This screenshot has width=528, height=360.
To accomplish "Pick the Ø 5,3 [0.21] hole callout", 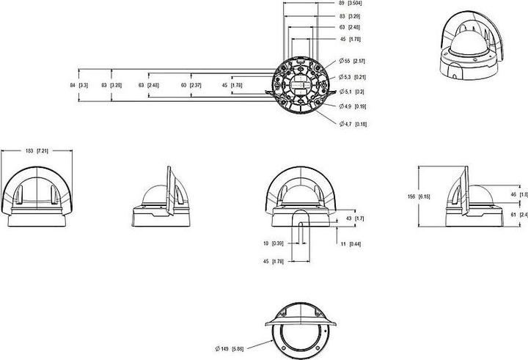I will coord(355,76).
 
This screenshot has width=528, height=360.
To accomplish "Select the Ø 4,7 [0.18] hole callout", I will coord(355,124).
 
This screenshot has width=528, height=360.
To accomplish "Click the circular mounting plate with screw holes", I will coord(301,87).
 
